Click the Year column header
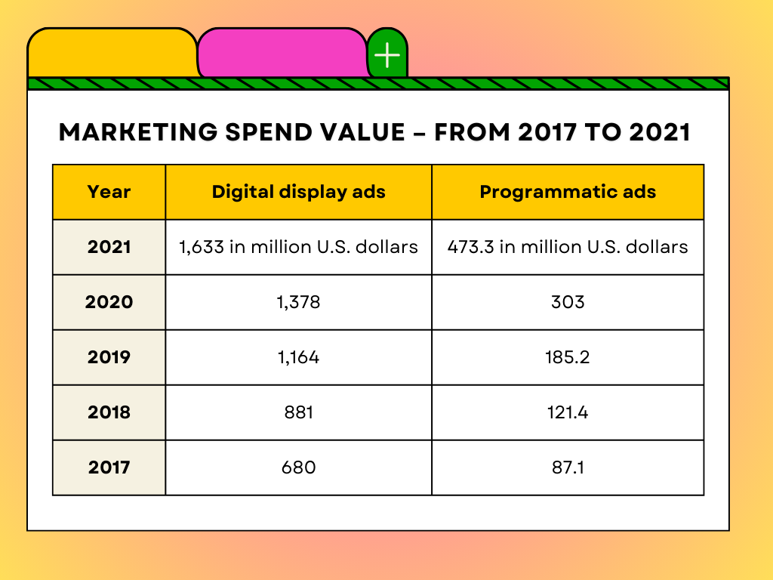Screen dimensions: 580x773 (109, 192)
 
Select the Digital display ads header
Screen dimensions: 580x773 (298, 192)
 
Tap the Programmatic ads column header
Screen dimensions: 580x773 (568, 192)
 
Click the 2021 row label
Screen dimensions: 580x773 (109, 247)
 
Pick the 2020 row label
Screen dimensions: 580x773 (109, 302)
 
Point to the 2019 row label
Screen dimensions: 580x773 (109, 357)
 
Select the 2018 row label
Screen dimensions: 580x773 (109, 412)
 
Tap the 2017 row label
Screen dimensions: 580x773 (109, 467)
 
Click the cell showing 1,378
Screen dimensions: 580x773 (298, 302)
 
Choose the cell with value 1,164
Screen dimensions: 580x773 (298, 357)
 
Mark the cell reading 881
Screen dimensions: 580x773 (298, 412)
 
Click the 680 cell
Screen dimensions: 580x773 (298, 467)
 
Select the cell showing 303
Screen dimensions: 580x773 (568, 302)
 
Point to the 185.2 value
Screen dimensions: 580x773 (568, 357)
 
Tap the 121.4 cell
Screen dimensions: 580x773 (568, 412)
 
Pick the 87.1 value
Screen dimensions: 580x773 (568, 467)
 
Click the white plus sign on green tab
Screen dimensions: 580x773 (387, 55)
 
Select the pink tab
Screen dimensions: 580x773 (282, 53)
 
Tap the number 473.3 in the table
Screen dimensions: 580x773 (469, 247)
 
